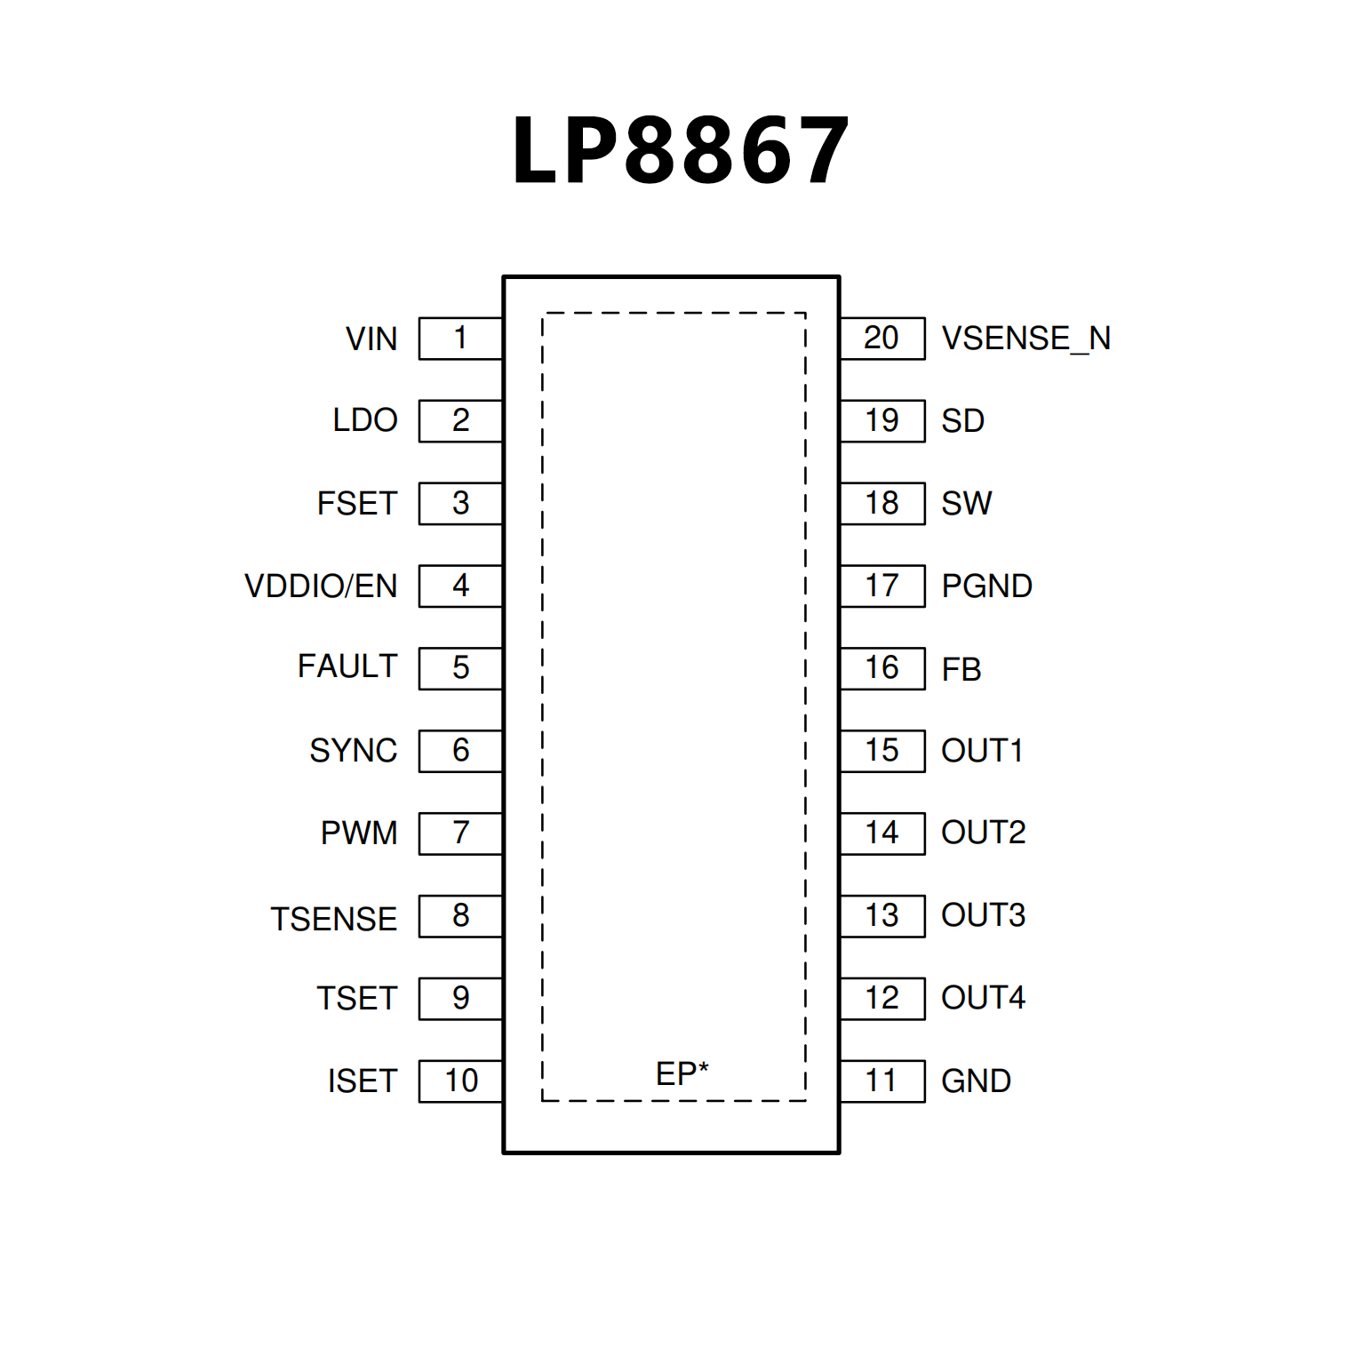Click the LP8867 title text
682,150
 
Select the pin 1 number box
460,338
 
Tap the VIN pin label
371,339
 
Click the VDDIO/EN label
321,586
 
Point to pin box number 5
460,667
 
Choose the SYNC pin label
353,751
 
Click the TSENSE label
333,919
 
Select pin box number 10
460,1081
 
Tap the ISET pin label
362,1081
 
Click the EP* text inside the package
682,1073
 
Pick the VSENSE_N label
1025,339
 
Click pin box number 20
881,338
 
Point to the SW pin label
966,504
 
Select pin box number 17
881,586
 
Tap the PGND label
986,586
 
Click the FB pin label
961,669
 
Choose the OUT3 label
983,915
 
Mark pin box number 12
881,998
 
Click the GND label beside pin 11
976,1081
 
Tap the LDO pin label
364,420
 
